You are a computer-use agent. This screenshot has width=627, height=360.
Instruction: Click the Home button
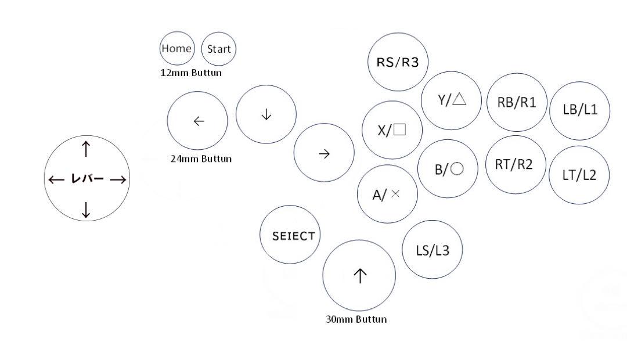click(x=177, y=48)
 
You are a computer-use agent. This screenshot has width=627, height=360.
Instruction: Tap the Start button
click(x=219, y=49)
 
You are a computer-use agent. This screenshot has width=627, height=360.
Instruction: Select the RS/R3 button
click(x=398, y=62)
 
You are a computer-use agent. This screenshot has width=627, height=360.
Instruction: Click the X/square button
click(x=392, y=130)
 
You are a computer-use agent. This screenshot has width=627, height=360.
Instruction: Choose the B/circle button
click(x=448, y=169)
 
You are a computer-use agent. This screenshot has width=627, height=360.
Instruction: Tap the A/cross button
click(x=387, y=194)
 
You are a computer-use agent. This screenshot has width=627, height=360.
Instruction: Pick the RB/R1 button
click(x=517, y=102)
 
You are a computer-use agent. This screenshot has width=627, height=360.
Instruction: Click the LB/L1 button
click(x=580, y=111)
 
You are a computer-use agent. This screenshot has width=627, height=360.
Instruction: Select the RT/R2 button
click(x=516, y=165)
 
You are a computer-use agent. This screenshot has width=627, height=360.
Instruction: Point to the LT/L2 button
click(x=579, y=175)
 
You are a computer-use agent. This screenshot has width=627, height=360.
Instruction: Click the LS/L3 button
click(x=433, y=250)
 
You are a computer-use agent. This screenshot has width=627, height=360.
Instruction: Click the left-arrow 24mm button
click(x=197, y=121)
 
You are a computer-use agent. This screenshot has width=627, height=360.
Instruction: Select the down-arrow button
click(x=266, y=114)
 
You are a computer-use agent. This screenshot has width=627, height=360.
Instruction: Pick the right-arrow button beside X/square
click(x=325, y=153)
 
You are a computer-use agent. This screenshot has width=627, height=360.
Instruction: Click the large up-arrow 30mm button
click(x=359, y=276)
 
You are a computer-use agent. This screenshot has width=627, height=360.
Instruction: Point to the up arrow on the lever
click(x=86, y=149)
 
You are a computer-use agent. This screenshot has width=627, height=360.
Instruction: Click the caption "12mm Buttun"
click(x=191, y=73)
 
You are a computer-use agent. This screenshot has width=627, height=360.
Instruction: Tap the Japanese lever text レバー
click(x=87, y=178)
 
